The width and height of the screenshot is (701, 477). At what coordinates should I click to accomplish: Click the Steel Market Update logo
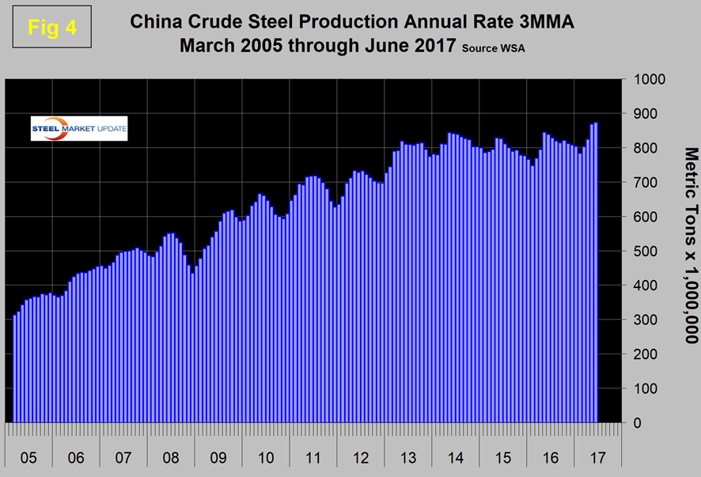tap(79, 128)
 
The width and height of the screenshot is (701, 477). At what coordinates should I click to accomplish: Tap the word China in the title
tap(158, 22)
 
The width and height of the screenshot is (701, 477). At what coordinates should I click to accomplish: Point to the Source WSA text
tap(493, 48)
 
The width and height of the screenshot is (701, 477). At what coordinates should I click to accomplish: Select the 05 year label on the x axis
tap(28, 457)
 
